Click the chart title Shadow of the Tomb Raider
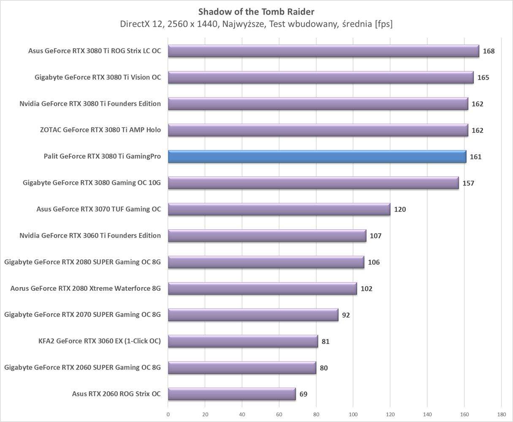(256, 11)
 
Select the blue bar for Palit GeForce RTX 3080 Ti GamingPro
(317, 157)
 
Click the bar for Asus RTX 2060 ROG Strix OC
(231, 394)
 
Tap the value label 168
(489, 51)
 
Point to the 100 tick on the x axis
(353, 414)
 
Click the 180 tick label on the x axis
(501, 414)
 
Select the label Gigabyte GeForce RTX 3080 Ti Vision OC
(98, 77)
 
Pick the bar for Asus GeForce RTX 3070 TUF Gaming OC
(279, 209)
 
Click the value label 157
(468, 183)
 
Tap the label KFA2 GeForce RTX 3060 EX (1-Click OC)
(99, 341)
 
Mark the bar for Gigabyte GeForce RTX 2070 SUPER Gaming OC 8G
(253, 315)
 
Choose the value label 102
(366, 289)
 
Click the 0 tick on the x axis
(168, 414)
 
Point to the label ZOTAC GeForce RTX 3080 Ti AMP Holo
(100, 130)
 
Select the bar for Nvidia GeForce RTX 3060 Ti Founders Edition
(267, 235)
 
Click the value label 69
(303, 394)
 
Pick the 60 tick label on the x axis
(279, 414)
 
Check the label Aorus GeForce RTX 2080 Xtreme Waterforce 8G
(86, 289)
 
